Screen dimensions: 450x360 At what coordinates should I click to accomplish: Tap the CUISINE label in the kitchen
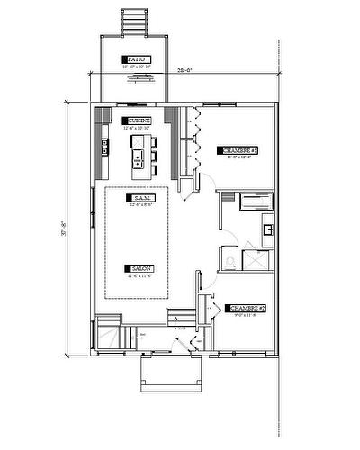pos(139,121)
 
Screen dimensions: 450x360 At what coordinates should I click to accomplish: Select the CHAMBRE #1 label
pos(238,150)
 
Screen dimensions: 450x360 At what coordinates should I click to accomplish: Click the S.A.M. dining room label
pos(141,198)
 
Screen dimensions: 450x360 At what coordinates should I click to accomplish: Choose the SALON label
pos(142,269)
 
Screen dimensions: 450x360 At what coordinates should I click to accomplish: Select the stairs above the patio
pos(134,21)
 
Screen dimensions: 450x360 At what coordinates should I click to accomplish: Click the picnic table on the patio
pos(137,78)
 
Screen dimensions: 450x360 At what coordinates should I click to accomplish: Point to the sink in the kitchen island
pos(138,160)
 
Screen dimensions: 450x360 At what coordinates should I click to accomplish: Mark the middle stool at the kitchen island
pos(154,157)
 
